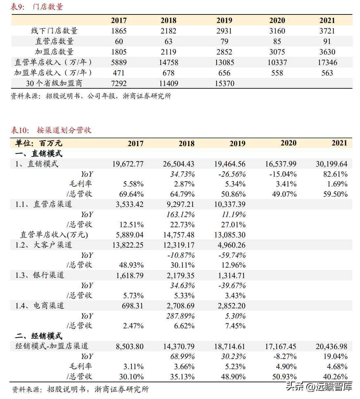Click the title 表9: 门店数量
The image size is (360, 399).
pos(37,7)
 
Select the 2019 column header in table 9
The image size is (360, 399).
pos(224,20)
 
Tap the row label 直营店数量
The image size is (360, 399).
pos(55,41)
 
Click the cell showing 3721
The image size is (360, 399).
pos(327,31)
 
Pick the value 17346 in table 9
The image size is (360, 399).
pos(327,62)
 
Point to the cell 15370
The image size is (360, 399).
pos(224,83)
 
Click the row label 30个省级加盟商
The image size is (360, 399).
pos(54,83)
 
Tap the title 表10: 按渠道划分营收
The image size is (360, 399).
pos(51,130)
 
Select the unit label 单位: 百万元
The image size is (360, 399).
pos(38,143)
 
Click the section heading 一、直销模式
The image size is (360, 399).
pos(38,154)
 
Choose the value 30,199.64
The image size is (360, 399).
pos(331,164)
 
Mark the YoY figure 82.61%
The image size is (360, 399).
pos(335,174)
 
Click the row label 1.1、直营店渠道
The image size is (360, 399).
pos(43,204)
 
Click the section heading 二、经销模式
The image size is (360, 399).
pos(38,336)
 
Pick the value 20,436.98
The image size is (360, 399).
pos(331,346)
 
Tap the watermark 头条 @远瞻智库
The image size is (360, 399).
pos(319,386)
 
